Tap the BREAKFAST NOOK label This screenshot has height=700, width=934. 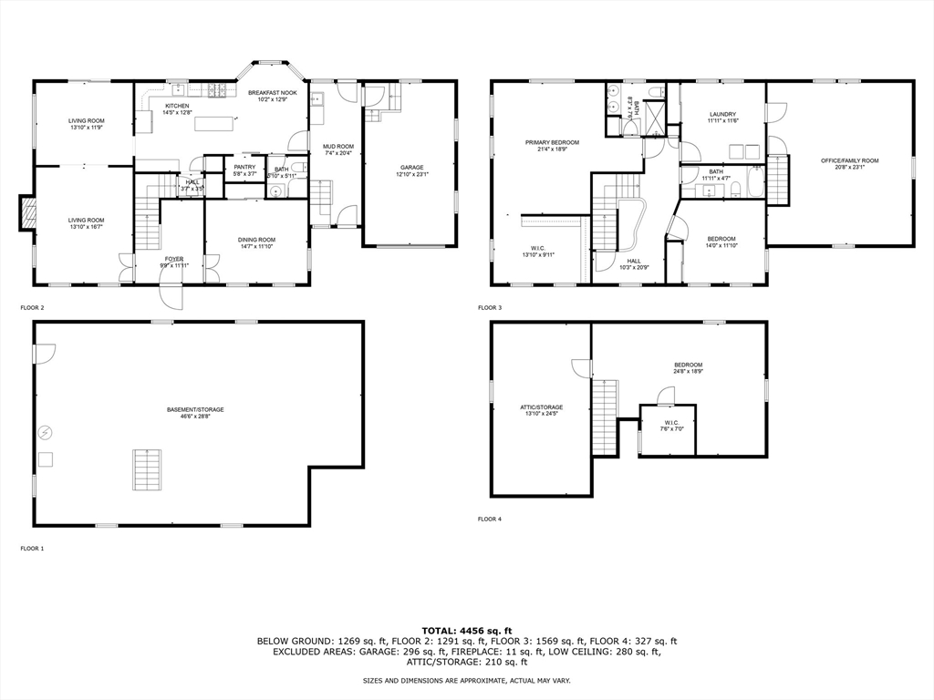click(x=272, y=92)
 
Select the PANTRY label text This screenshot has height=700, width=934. click(x=244, y=166)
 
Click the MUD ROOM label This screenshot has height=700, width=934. click(x=337, y=146)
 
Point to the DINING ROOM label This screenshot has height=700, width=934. click(x=257, y=240)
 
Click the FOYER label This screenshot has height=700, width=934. click(x=174, y=259)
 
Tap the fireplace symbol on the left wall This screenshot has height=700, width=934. click(x=29, y=213)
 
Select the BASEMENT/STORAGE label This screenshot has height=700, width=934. click(x=195, y=409)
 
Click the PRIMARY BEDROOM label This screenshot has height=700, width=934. click(x=552, y=142)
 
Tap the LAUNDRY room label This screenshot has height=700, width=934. click(x=722, y=114)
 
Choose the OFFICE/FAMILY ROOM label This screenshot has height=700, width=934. click(x=849, y=160)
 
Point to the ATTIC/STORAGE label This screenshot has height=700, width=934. click(x=542, y=407)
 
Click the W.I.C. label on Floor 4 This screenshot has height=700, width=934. click(x=671, y=422)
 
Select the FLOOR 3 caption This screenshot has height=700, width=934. click(x=489, y=308)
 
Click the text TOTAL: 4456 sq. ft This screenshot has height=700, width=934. click(x=467, y=630)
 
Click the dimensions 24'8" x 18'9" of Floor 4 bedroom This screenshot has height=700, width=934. click(x=689, y=372)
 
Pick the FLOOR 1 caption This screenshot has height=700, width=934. click(x=33, y=549)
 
